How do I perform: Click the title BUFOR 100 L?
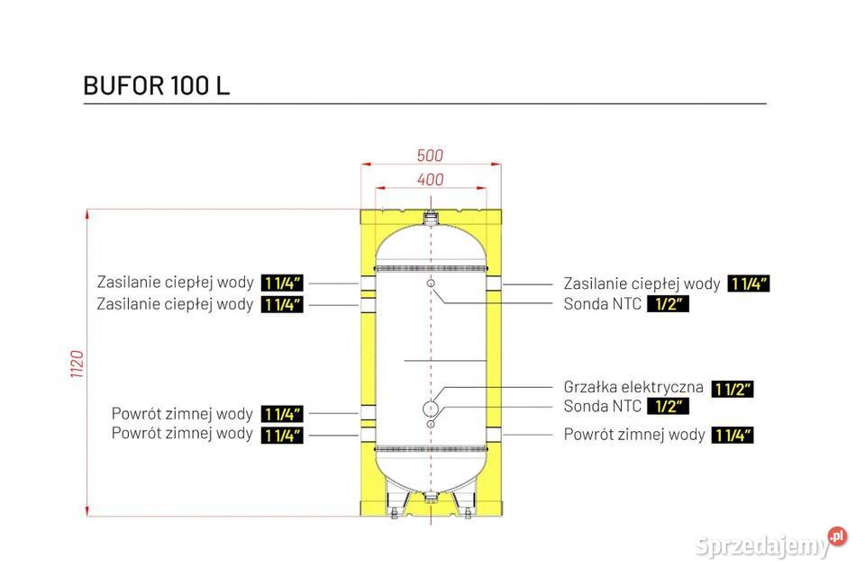click(x=156, y=85)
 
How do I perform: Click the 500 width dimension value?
click(x=431, y=156)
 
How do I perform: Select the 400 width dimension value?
click(x=431, y=179)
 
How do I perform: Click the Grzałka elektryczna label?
click(x=633, y=388)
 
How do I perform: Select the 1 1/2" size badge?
click(x=732, y=389)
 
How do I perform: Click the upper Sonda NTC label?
click(x=603, y=304)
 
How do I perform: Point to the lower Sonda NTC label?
click(x=603, y=407)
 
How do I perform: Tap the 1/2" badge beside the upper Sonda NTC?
click(x=668, y=304)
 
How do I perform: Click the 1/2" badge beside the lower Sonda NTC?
click(x=668, y=407)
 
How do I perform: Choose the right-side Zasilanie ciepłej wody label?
click(x=642, y=283)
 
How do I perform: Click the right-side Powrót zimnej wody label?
click(x=634, y=435)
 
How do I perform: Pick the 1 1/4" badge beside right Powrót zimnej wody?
click(x=732, y=436)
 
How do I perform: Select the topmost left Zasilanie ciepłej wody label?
click(x=175, y=283)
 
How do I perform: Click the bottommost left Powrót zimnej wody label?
click(x=182, y=434)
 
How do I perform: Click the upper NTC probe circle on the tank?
click(x=432, y=284)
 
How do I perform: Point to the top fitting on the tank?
click(x=432, y=217)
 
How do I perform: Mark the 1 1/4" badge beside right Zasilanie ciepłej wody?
click(x=748, y=284)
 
